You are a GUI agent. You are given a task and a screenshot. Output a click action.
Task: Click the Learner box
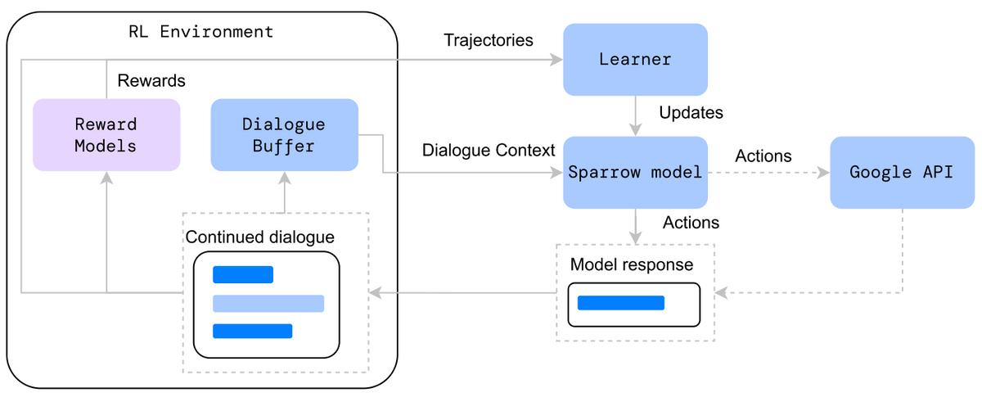pyautogui.click(x=635, y=59)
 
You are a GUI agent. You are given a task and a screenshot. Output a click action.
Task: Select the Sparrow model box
pyautogui.click(x=635, y=172)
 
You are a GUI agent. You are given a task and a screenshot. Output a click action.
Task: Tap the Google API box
pyautogui.click(x=901, y=172)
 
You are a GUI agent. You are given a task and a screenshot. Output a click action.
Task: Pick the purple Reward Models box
pyautogui.click(x=106, y=135)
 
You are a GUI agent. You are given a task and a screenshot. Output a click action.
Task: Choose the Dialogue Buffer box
pyautogui.click(x=284, y=135)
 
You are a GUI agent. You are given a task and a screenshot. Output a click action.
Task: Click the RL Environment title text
pyautogui.click(x=201, y=33)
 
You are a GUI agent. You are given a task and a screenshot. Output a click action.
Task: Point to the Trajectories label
pyautogui.click(x=488, y=40)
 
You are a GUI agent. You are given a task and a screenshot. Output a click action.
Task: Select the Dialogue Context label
pyautogui.click(x=489, y=151)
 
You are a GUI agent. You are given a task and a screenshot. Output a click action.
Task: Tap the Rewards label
pyautogui.click(x=151, y=81)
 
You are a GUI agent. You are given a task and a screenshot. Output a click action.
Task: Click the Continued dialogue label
pyautogui.click(x=260, y=237)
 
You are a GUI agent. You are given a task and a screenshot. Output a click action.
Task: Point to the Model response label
pyautogui.click(x=631, y=264)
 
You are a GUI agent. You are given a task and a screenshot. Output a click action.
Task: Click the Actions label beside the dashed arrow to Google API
pyautogui.click(x=763, y=156)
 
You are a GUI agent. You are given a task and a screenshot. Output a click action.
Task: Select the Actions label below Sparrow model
pyautogui.click(x=691, y=223)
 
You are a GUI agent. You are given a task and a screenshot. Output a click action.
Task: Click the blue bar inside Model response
pyautogui.click(x=620, y=303)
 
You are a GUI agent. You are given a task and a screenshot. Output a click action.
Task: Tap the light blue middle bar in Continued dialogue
pyautogui.click(x=268, y=304)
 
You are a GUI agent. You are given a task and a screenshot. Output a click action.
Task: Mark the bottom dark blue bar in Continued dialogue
pyautogui.click(x=252, y=331)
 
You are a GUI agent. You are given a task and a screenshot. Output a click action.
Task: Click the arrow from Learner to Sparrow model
pyautogui.click(x=634, y=115)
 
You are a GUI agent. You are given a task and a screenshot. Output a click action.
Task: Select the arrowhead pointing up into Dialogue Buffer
pyautogui.click(x=284, y=177)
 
